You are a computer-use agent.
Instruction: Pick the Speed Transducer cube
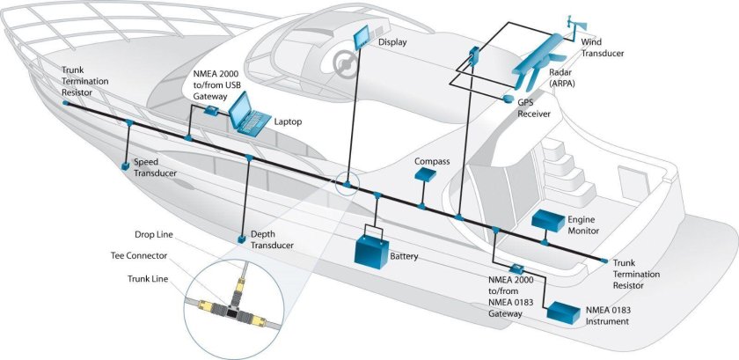coord(126,165)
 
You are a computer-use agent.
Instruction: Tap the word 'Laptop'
coord(288,121)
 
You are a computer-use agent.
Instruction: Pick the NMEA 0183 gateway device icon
coord(517,269)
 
